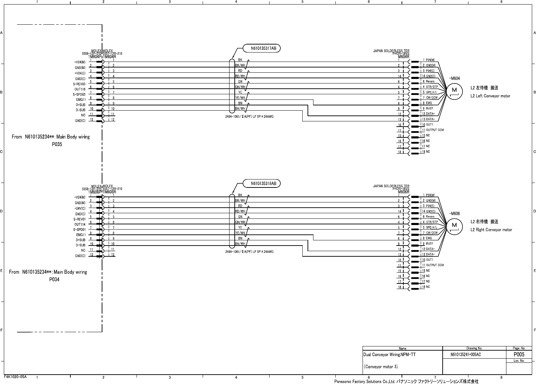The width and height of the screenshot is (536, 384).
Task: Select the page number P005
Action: click(x=519, y=354)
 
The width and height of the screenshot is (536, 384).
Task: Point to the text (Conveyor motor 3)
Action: click(x=381, y=367)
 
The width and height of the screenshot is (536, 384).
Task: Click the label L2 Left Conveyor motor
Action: click(x=490, y=96)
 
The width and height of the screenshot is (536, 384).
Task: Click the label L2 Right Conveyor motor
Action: click(x=491, y=230)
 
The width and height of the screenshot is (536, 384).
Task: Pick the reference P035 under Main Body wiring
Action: click(x=57, y=144)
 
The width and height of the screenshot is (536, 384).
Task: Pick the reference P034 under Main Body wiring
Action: click(x=54, y=279)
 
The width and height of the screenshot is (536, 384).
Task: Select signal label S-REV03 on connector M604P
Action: click(x=79, y=84)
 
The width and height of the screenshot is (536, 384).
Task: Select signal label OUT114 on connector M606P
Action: click(x=80, y=225)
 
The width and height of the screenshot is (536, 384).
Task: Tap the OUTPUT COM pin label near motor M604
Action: click(x=435, y=130)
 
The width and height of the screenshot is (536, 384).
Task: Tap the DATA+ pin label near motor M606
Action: click(x=430, y=249)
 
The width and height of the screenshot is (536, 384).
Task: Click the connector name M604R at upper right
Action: click(x=404, y=57)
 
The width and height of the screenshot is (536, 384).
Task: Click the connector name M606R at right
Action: click(x=404, y=192)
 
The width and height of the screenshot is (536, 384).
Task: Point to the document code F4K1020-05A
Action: click(x=16, y=377)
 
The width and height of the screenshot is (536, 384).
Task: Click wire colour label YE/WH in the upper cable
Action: click(x=240, y=98)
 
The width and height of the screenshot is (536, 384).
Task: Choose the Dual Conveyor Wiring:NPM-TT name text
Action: click(x=389, y=355)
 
